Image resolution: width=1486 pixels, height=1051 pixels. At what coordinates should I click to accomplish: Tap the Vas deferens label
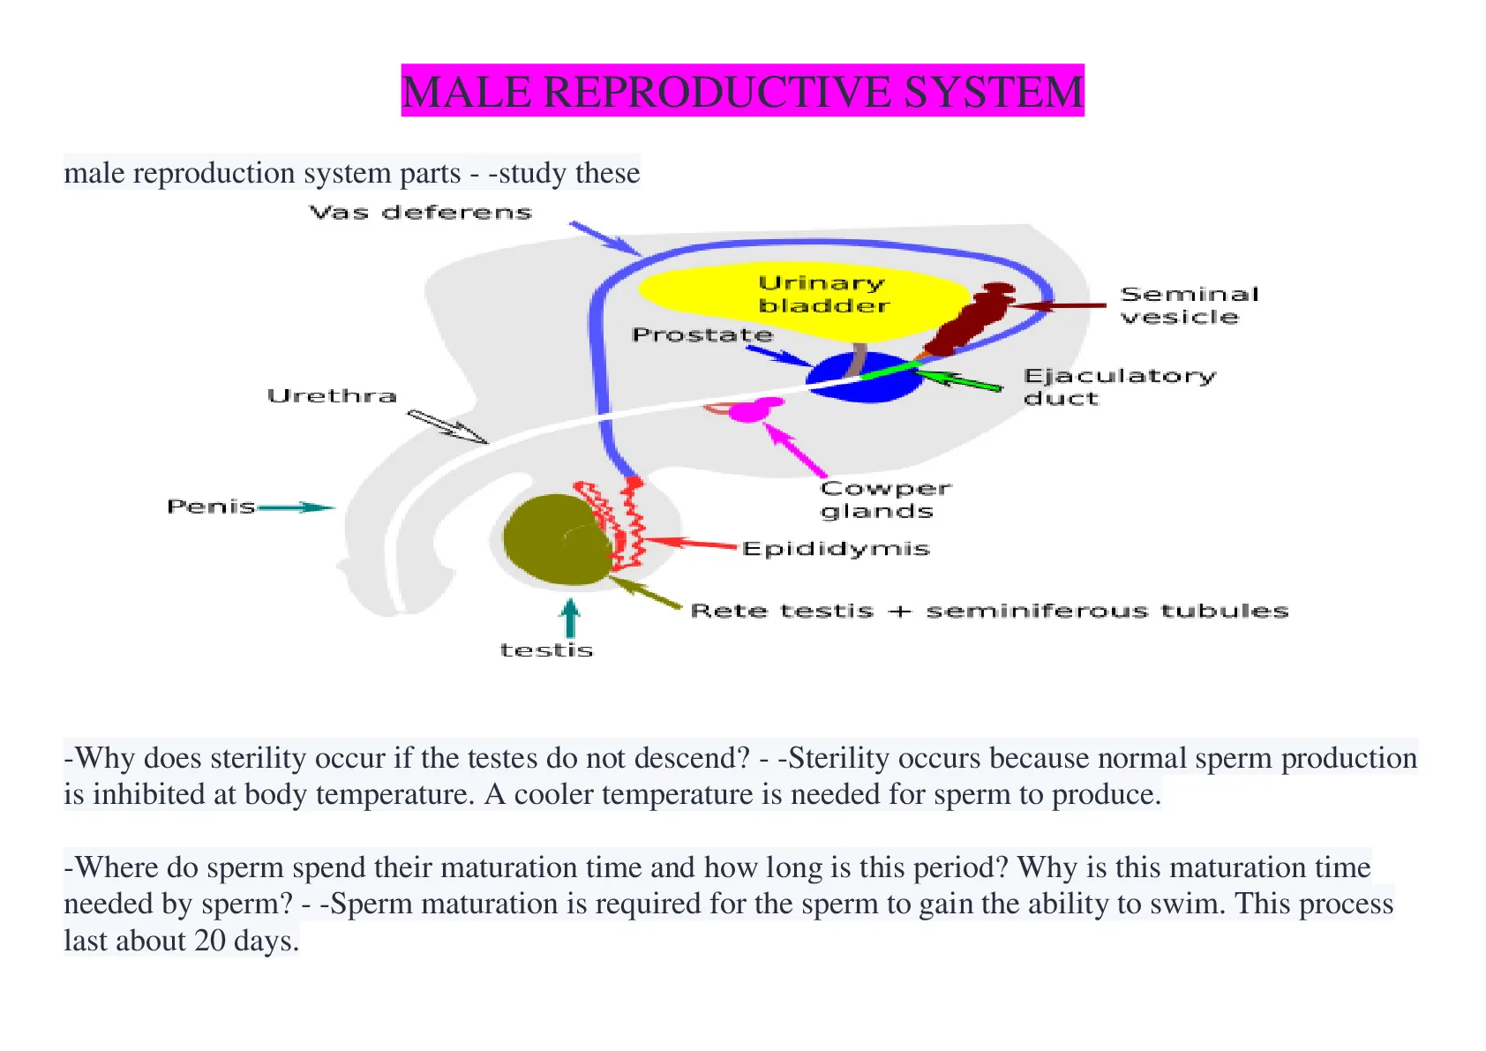point(421,213)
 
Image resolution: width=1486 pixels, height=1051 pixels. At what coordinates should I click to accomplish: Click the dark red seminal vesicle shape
point(969,319)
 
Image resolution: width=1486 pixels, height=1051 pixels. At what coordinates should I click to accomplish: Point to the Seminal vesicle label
point(1189,305)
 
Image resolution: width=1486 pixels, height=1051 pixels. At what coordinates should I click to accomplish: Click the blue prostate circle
point(864,377)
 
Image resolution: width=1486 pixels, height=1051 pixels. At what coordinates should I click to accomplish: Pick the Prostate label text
point(702,334)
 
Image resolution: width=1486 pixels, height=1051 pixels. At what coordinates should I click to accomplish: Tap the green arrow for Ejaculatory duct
point(958,380)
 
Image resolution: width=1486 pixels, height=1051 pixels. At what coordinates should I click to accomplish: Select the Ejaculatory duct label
point(1119,387)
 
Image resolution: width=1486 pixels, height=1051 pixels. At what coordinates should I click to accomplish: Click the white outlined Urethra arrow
point(447,426)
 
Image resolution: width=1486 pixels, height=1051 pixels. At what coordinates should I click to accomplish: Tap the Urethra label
point(332,396)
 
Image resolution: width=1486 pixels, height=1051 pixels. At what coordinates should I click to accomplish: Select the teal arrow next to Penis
point(296,507)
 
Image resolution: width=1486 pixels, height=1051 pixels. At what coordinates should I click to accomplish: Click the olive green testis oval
point(558,539)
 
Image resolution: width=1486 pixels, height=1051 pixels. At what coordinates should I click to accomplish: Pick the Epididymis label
point(836,549)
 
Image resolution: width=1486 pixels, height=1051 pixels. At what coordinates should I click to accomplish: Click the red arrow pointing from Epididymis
point(691,544)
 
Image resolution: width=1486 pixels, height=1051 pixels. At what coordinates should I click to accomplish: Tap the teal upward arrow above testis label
point(570,618)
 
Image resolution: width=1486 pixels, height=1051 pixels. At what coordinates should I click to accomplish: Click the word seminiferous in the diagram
point(1037,611)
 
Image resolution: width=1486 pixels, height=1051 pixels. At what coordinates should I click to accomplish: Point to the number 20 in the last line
point(210,940)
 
